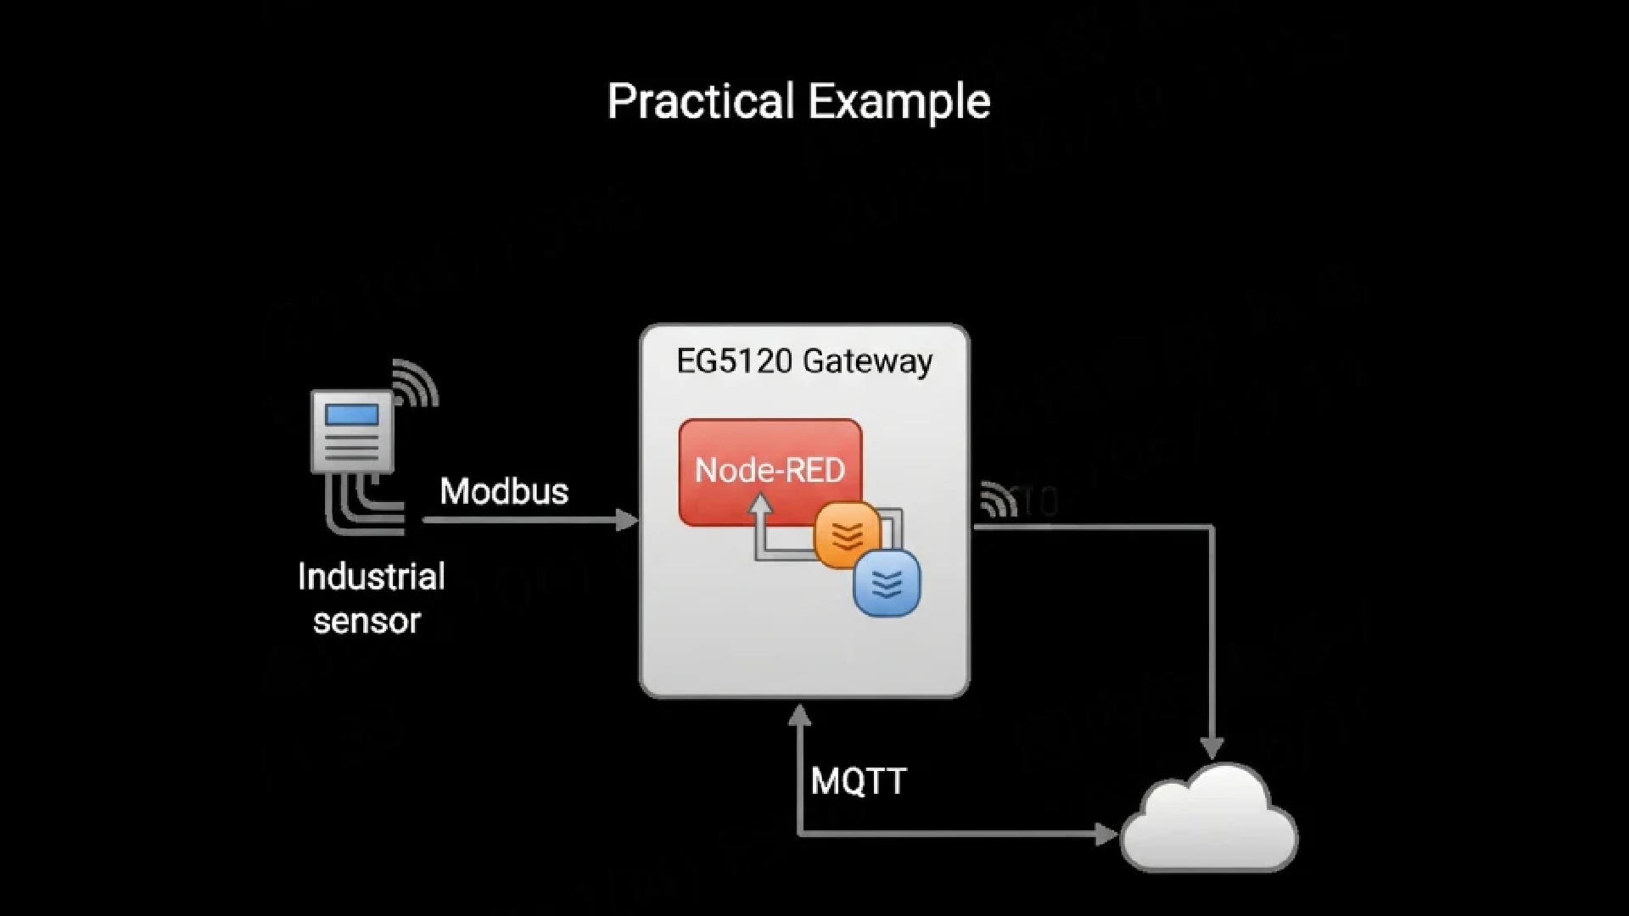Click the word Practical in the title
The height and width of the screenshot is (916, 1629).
coord(701,102)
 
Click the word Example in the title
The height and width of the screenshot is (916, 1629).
coord(898,102)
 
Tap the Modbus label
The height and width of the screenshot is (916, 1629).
coord(504,491)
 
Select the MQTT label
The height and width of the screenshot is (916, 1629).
coord(859,781)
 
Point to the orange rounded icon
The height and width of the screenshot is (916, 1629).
coord(847,534)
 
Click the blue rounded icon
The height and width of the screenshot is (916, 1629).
coord(887,583)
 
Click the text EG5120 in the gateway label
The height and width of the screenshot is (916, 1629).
coord(735,361)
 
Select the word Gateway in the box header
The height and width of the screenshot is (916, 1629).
coord(867,361)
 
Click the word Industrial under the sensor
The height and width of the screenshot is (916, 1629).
coord(371,578)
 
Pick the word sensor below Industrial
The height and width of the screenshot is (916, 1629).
coord(367,622)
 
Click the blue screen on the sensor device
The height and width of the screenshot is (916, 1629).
coord(352,415)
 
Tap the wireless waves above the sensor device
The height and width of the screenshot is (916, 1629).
coord(415,383)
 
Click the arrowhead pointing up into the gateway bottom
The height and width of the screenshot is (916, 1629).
coord(799,717)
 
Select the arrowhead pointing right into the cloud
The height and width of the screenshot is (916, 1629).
coord(1106,835)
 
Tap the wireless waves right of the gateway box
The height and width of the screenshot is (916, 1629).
coord(998,500)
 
